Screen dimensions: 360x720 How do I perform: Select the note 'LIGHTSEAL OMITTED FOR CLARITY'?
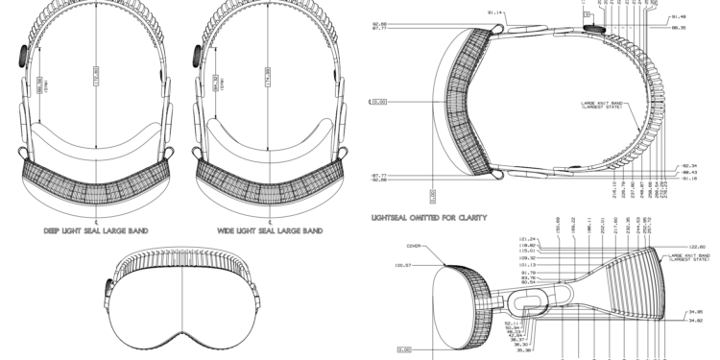(x=429, y=218)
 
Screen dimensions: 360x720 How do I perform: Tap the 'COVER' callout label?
(x=415, y=244)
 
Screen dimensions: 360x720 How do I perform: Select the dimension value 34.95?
(x=696, y=311)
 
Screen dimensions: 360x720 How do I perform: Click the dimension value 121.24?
(x=525, y=239)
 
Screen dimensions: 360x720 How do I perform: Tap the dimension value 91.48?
(x=678, y=16)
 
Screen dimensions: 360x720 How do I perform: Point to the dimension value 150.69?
(x=559, y=225)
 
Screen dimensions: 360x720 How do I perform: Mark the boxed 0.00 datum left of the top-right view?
(x=377, y=100)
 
